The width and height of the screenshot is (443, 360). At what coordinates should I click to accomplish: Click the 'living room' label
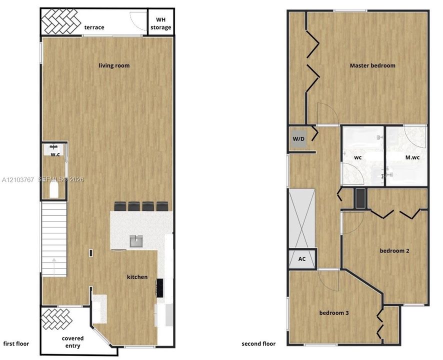[x=114, y=65]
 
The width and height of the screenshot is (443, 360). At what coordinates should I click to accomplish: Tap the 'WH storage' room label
[x=161, y=23]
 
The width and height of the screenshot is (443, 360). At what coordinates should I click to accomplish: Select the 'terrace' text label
[x=94, y=27]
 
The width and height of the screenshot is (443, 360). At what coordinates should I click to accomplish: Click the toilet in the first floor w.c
[x=53, y=189]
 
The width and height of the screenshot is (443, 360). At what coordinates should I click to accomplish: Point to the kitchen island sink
[x=136, y=241]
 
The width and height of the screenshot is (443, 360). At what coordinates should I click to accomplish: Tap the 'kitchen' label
[x=137, y=277]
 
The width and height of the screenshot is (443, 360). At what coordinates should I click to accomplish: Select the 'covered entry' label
[x=73, y=342]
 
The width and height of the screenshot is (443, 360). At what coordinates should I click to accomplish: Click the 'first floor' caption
[x=16, y=343]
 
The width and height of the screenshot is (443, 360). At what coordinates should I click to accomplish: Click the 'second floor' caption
[x=258, y=343]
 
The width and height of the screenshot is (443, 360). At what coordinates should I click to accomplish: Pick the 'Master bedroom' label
[x=372, y=65]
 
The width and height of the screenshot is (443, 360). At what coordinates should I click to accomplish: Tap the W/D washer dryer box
[x=298, y=138]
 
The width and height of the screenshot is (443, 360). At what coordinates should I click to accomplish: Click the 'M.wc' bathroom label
[x=412, y=157]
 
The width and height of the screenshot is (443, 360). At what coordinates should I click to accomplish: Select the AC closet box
[x=301, y=259]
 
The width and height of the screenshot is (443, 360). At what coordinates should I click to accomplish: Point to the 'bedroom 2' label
[x=394, y=250]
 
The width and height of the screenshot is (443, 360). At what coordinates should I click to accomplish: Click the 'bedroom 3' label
[x=334, y=313]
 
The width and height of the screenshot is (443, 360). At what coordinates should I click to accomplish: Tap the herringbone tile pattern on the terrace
[x=60, y=21]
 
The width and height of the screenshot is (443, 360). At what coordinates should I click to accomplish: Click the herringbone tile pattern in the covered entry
[x=56, y=318]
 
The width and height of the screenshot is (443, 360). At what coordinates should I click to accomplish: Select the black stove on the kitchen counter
[x=160, y=288]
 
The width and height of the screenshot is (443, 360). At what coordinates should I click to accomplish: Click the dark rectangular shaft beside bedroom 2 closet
[x=360, y=198]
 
